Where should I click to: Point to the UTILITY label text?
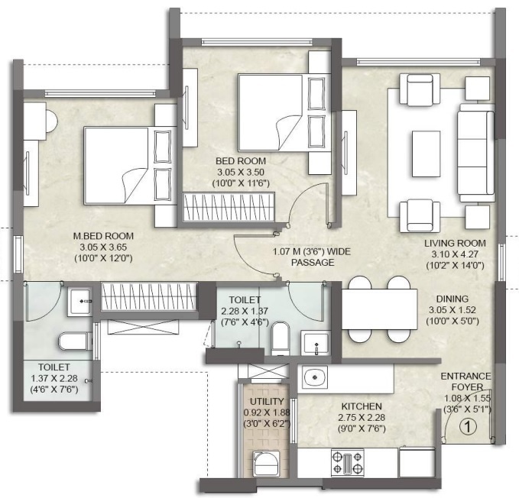267,401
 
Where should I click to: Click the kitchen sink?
313,377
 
